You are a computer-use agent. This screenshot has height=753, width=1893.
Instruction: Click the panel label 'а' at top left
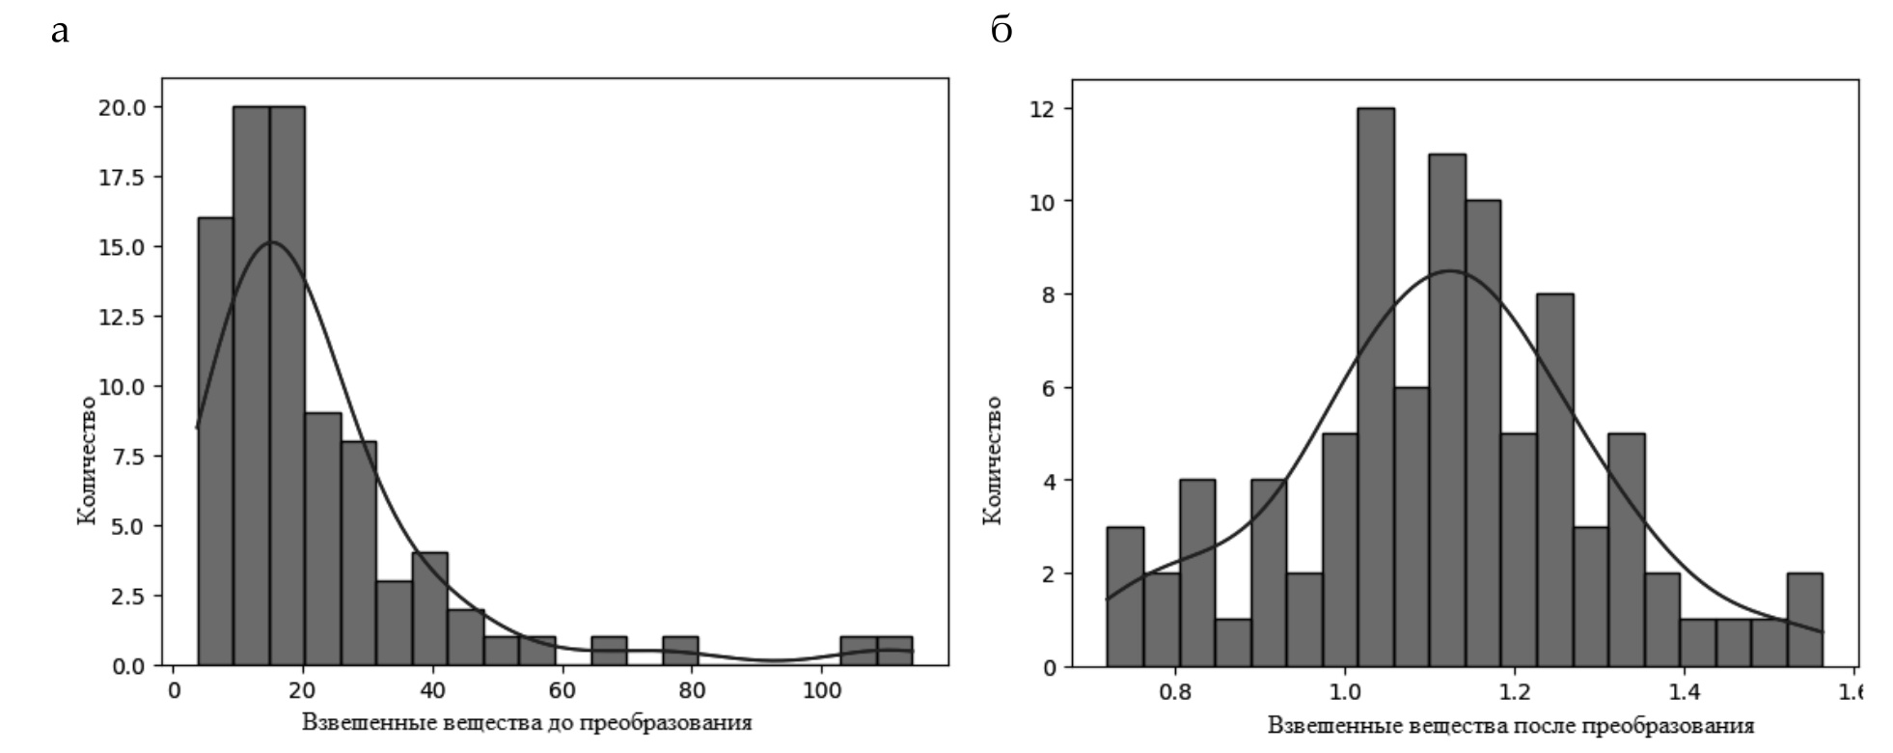coord(60,32)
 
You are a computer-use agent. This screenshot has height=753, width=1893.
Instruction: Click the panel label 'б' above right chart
coord(1001,31)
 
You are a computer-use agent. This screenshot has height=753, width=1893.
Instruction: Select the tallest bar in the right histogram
coord(1375,386)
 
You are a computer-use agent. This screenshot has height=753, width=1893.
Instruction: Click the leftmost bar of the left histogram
coord(215,441)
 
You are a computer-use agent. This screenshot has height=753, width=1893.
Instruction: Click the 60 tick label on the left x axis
coord(562,691)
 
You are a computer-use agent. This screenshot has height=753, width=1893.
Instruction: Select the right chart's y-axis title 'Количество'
coord(993,460)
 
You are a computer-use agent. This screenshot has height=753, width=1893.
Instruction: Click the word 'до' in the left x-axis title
coord(557,723)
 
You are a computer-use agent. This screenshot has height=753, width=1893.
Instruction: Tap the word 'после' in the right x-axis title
coord(1538,725)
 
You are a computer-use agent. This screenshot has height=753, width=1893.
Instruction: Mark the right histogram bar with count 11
coord(1446,409)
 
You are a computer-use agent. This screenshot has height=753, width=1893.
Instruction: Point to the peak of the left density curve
coord(271,242)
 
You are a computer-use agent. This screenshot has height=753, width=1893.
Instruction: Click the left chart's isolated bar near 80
coord(680,651)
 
